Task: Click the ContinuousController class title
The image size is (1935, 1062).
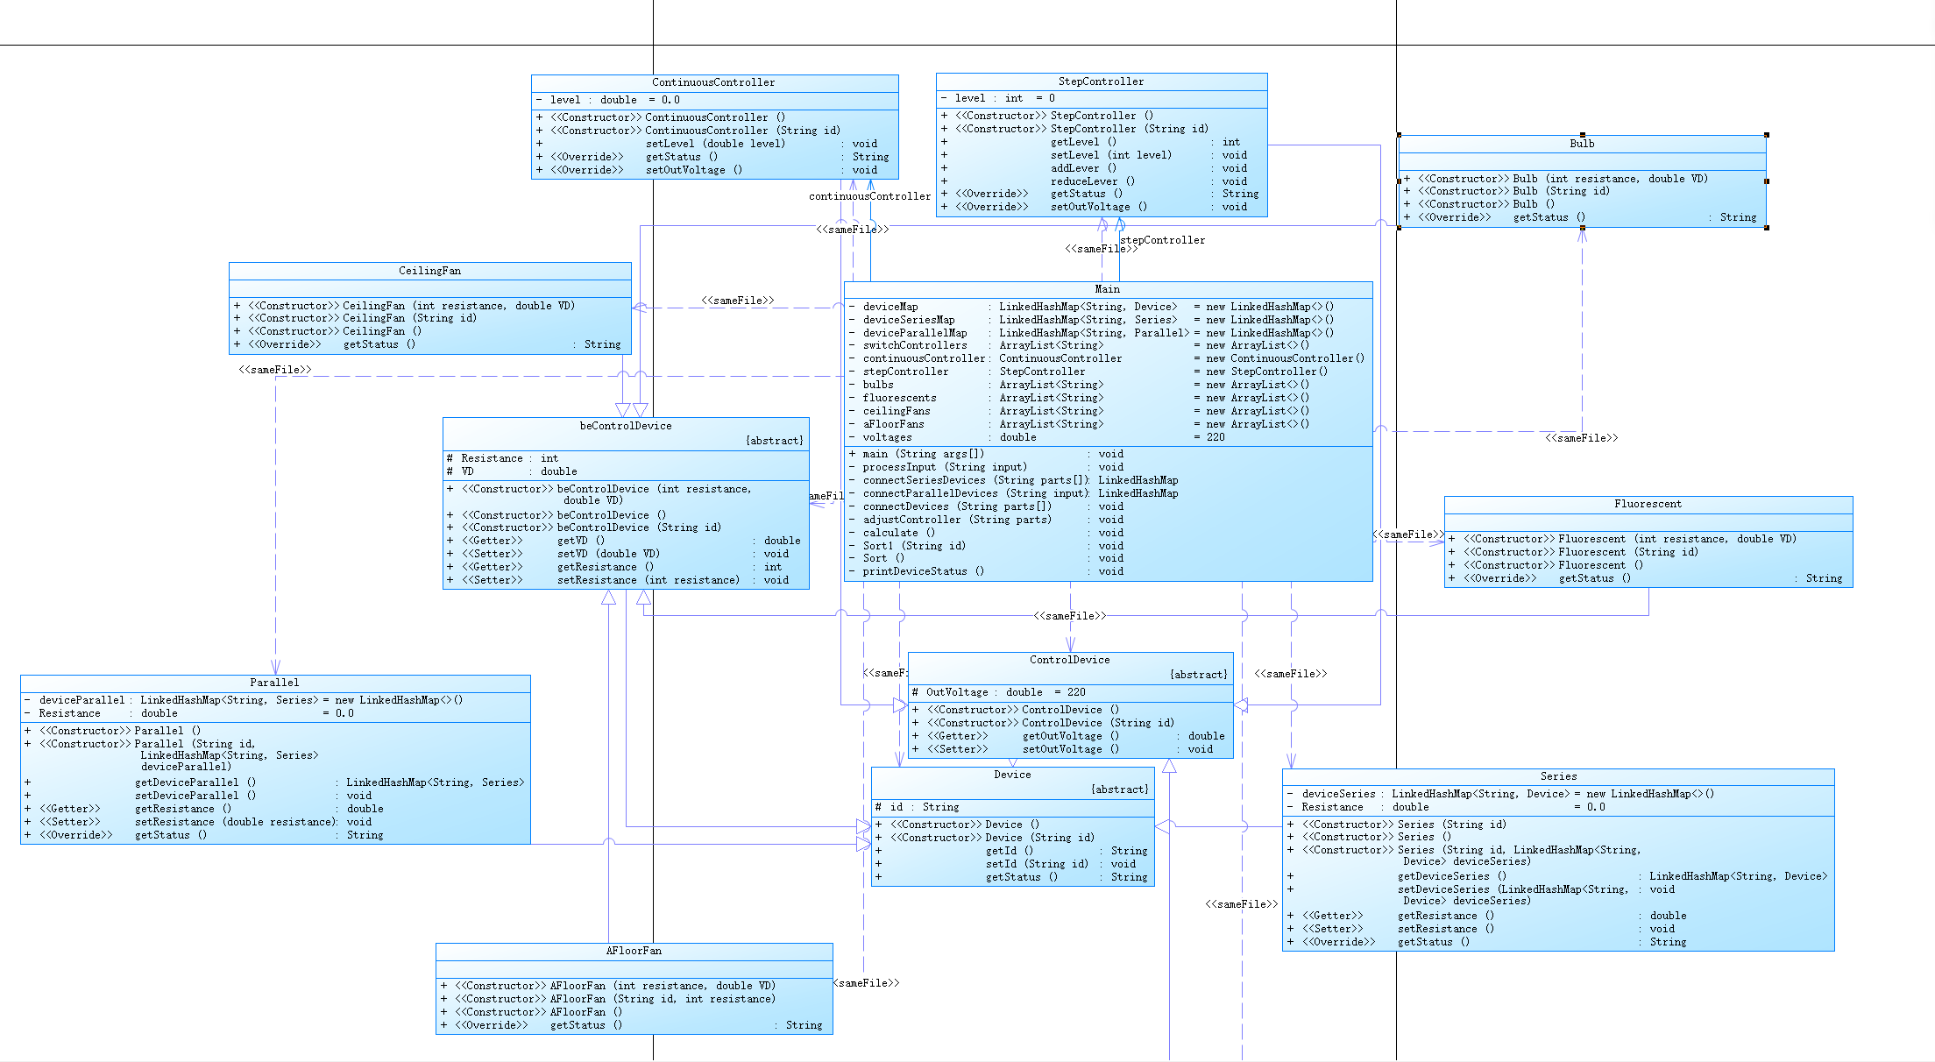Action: point(713,82)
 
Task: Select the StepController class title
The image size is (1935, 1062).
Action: point(1101,81)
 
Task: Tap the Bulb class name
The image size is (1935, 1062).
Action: point(1582,144)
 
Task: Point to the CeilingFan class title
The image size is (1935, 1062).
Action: point(429,271)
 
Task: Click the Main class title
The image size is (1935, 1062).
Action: point(1107,289)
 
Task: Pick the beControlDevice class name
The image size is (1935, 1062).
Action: point(626,426)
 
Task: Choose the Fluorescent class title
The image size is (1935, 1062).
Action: point(1648,504)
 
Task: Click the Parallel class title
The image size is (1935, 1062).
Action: point(274,683)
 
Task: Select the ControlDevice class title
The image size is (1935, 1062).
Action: point(1069,660)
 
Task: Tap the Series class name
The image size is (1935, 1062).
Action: point(1558,776)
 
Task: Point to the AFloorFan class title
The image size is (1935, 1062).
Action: point(634,951)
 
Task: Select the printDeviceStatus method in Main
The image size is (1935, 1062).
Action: point(923,571)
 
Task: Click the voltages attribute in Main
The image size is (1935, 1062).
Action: point(887,437)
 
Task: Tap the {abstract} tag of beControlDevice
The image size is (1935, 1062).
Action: point(774,441)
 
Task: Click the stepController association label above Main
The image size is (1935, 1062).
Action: point(1163,240)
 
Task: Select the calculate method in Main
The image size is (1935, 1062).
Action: point(898,533)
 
